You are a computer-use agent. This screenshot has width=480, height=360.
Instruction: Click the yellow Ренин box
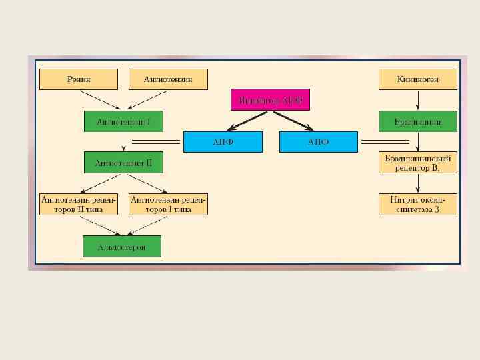79,79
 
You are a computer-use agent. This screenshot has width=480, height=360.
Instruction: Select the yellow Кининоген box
418,79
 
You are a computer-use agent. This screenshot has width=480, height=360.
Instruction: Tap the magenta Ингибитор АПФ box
270,100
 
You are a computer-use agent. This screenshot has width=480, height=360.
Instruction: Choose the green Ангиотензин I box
123,121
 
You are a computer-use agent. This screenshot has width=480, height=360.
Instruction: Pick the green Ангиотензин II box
123,162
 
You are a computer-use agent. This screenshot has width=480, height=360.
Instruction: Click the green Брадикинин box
418,121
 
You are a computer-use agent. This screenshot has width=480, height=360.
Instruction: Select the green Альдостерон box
121,247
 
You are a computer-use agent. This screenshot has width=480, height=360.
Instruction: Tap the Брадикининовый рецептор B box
418,163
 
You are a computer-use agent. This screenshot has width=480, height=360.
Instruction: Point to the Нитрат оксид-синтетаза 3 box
418,204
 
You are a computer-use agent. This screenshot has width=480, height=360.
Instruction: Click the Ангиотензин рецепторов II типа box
79,204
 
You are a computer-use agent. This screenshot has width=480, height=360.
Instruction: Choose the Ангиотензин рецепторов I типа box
168,204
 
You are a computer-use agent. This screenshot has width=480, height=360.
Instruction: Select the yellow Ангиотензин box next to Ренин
168,79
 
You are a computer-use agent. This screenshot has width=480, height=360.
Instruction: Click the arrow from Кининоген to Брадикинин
418,100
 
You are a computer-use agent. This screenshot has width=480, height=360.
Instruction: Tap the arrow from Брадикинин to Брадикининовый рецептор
418,142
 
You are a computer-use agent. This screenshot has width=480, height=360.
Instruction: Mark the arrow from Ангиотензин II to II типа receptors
100,183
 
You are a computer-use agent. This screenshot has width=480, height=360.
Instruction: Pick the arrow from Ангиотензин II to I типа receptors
144,183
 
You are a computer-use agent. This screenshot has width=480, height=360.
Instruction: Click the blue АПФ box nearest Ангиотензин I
223,142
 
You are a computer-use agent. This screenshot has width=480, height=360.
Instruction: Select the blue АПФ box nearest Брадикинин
319,142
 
